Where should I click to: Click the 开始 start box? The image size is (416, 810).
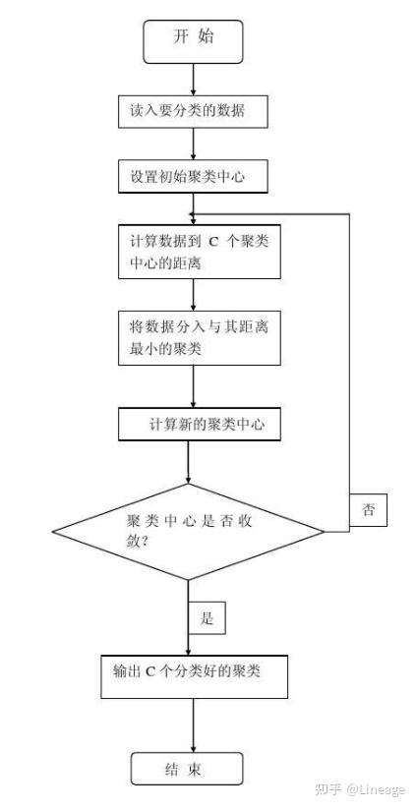pos(193,42)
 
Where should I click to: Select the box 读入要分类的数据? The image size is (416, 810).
pos(194,112)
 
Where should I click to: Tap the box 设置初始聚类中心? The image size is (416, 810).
pos(194,177)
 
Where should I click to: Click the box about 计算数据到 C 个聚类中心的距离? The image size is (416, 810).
pos(200,252)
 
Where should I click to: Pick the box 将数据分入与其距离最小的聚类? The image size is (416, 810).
pos(200,338)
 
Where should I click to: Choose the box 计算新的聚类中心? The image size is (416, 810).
pos(200,425)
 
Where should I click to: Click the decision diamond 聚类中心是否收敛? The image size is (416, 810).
pos(188,532)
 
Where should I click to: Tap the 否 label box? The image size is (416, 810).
pos(368,510)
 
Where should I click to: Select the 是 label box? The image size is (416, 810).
pos(207,618)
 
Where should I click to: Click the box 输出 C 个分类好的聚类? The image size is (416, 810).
pos(194,677)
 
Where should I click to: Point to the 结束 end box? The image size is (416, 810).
pos(187,769)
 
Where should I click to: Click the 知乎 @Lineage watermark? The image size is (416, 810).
pos(360,789)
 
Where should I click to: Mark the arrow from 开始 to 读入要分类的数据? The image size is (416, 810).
pos(194,80)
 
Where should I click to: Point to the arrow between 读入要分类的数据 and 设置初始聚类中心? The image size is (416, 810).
pos(194,145)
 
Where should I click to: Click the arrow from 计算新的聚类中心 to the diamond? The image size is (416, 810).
pos(188,462)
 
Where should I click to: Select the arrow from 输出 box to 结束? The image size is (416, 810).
pos(194,725)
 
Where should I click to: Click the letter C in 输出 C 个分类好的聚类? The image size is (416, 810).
pos(149,671)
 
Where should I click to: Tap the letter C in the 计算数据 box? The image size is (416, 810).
pos(213,242)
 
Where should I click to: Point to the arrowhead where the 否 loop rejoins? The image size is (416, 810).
pos(192,214)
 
